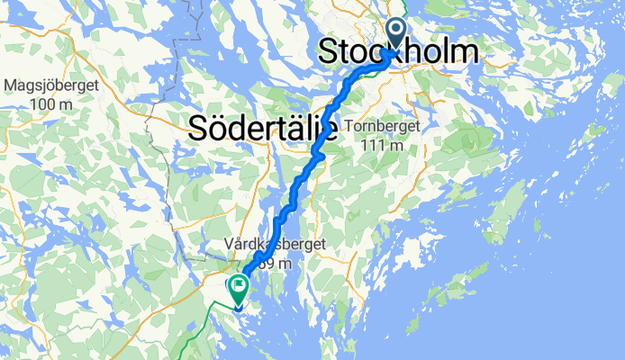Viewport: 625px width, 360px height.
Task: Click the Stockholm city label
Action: (x=397, y=52)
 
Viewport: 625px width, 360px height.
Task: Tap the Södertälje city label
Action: (x=263, y=129)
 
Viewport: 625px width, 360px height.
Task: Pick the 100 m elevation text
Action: (x=50, y=104)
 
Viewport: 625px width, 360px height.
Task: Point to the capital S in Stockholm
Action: (x=330, y=52)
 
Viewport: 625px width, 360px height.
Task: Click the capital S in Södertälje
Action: (x=199, y=129)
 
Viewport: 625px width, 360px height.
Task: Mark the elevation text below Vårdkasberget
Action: (x=274, y=263)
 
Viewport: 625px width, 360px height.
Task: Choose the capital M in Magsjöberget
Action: (x=11, y=87)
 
